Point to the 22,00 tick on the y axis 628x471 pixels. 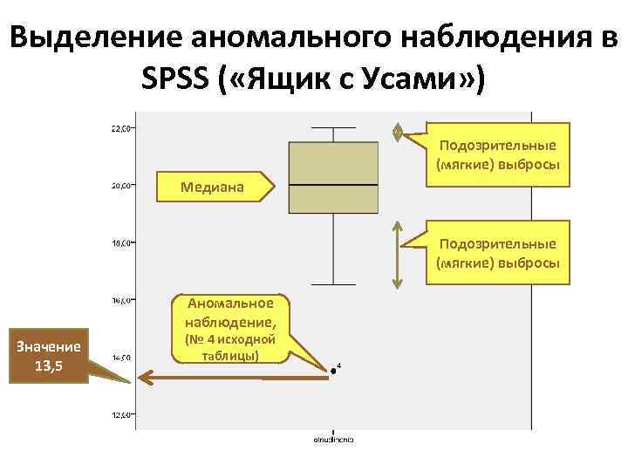121,128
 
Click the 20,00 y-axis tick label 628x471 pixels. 121,185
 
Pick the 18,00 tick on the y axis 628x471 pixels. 121,242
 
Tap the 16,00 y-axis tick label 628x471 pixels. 121,300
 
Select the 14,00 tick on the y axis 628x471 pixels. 121,358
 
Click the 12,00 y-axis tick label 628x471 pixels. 121,415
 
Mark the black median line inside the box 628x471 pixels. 333,186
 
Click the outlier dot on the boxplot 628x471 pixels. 333,372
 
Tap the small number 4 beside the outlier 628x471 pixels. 339,365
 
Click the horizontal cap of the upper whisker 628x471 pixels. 333,128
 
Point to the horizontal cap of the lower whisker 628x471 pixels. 333,284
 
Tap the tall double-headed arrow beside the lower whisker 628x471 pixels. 398,254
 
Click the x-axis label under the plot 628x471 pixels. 333,439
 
